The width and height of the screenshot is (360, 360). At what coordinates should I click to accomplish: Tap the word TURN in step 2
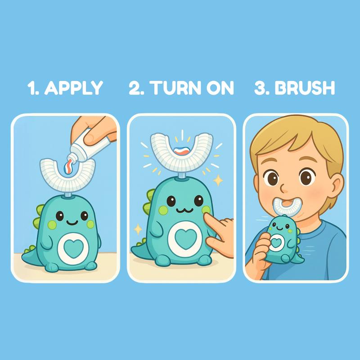point(171,88)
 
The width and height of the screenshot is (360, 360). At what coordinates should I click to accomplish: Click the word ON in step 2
point(219,88)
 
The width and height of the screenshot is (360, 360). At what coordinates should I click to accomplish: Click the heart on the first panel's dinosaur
point(72,246)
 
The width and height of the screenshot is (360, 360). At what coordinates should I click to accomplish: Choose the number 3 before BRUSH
point(260,88)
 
